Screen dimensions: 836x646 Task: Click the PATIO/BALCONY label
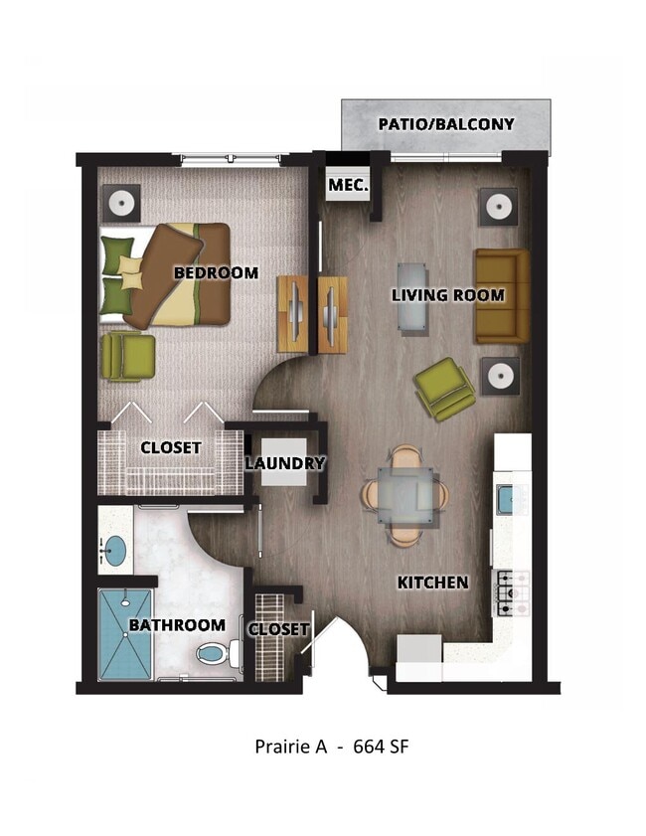tap(445, 124)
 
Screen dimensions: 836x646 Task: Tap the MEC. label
tap(348, 185)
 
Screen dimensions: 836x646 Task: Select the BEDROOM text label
tap(216, 272)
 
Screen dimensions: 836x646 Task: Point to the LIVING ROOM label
tap(447, 295)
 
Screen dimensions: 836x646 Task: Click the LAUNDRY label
tap(285, 463)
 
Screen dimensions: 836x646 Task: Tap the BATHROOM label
tap(177, 625)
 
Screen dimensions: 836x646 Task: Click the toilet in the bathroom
tap(216, 652)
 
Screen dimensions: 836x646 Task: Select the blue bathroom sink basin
tap(114, 549)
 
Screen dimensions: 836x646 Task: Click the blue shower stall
tap(125, 634)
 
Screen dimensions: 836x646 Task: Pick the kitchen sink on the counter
tap(506, 497)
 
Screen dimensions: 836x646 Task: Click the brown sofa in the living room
tap(501, 295)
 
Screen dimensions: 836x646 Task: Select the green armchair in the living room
tap(444, 388)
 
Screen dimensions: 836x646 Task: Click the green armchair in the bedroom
tap(128, 356)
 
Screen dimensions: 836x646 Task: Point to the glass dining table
tap(404, 496)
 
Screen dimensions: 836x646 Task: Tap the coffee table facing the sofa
tap(412, 295)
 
